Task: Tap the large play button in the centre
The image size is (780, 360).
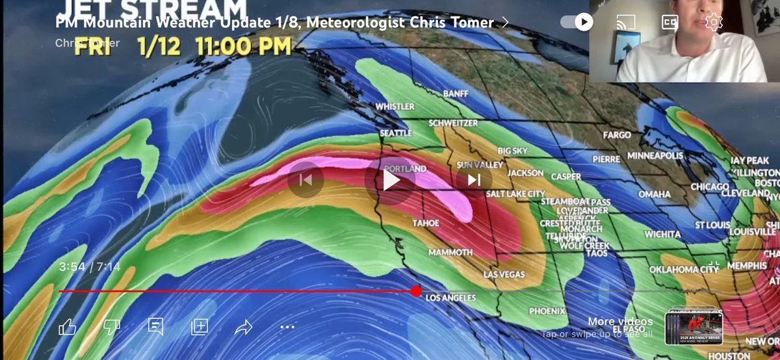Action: point(390,180)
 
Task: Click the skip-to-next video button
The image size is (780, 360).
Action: point(474,179)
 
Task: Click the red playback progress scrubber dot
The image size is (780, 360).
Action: point(416,291)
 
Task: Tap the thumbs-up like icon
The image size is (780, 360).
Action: point(68,327)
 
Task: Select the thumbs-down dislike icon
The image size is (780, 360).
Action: point(112,327)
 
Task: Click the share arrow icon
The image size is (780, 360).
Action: point(243,327)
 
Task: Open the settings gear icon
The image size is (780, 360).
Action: point(714,22)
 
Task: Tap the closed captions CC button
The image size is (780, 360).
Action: point(669,22)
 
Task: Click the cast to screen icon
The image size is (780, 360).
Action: point(625,22)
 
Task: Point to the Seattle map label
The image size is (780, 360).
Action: point(396,133)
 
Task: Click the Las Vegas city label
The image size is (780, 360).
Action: point(504,275)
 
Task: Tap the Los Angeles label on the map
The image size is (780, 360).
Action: point(450,298)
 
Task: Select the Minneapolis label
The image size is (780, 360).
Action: point(655,157)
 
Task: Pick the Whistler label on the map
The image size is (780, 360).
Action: point(395,107)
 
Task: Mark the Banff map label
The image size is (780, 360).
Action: point(455,94)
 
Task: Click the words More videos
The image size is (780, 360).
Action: point(620,322)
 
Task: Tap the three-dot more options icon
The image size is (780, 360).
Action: point(287,327)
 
